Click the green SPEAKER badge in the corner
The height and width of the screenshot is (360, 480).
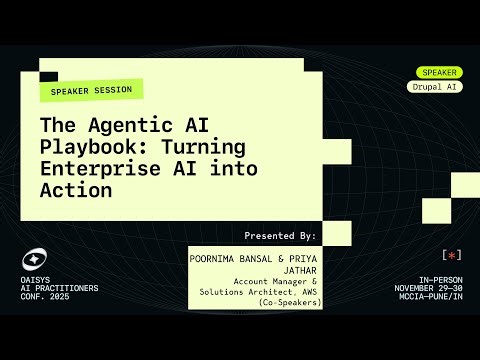tap(439, 72)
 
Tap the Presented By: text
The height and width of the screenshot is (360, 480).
tap(280, 235)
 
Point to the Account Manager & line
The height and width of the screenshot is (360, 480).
tap(275, 281)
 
